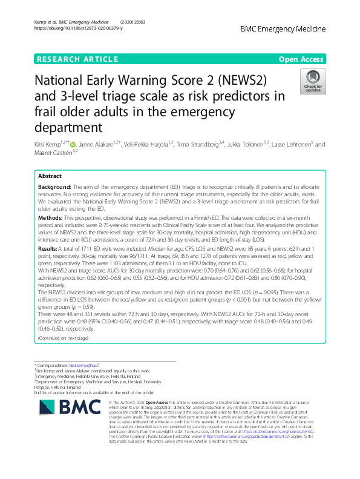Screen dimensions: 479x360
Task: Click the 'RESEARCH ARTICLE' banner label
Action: (x=77, y=59)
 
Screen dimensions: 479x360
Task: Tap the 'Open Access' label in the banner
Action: (x=301, y=59)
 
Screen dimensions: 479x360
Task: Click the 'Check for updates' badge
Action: (x=312, y=83)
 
